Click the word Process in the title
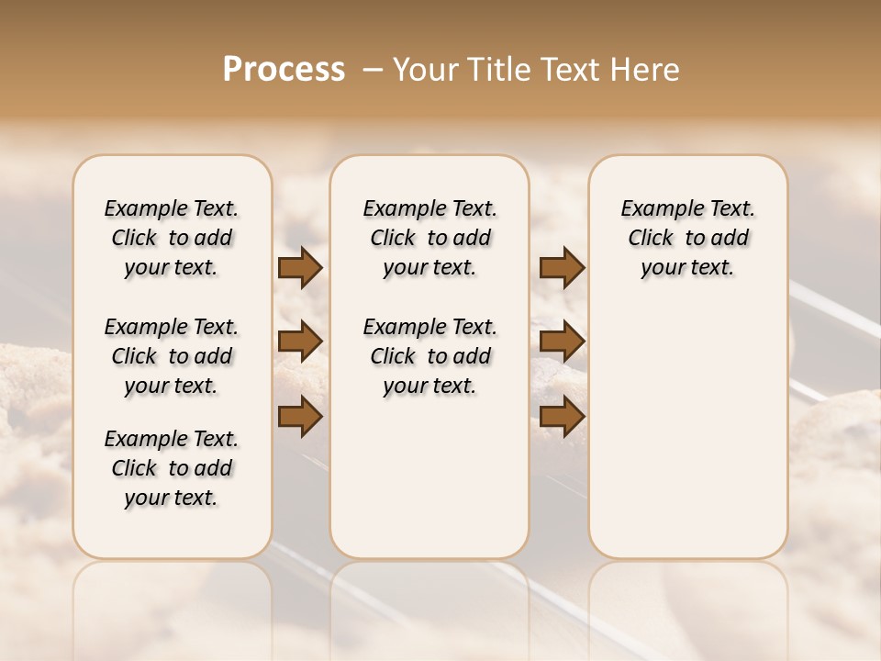284,70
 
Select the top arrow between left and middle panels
300,268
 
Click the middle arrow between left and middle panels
300,342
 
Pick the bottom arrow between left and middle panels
300,417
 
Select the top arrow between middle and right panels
562,268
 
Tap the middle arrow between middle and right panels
562,342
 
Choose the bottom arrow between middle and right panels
562,417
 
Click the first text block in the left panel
172,238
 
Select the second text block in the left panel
172,356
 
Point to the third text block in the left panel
172,468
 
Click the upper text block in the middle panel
429,238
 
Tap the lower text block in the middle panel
429,356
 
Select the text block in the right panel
687,238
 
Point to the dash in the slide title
373,70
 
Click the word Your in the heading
425,70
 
